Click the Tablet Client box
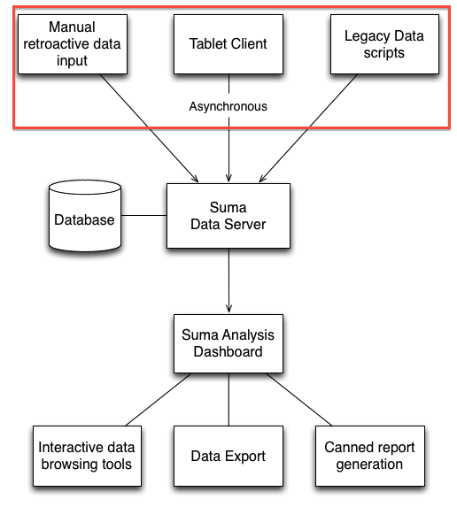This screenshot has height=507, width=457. click(x=228, y=44)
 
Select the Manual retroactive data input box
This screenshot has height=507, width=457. click(x=73, y=44)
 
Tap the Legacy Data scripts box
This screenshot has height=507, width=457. click(x=384, y=44)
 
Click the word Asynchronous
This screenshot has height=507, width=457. click(x=228, y=106)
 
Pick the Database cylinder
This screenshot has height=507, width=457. click(x=85, y=216)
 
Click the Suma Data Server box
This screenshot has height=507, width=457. click(x=228, y=216)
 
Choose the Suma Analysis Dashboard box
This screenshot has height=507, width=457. click(x=228, y=343)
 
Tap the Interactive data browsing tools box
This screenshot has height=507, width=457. click(x=87, y=456)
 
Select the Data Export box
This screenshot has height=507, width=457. click(x=228, y=456)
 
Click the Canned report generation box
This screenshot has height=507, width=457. click(x=370, y=456)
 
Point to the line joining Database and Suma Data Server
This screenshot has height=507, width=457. click(x=144, y=215)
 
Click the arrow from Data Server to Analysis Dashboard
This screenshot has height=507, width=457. click(x=228, y=280)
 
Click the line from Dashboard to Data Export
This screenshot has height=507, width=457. click(x=228, y=399)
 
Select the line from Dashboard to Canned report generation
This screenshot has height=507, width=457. click(x=299, y=399)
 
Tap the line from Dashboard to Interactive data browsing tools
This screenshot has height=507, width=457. click(x=159, y=399)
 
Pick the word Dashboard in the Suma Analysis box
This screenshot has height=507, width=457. click(x=228, y=352)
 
